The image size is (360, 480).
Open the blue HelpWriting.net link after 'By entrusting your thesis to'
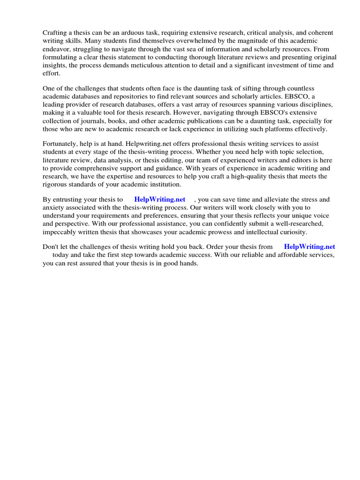160,199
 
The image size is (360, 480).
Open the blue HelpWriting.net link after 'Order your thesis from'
310,247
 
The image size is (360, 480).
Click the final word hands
189,263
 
